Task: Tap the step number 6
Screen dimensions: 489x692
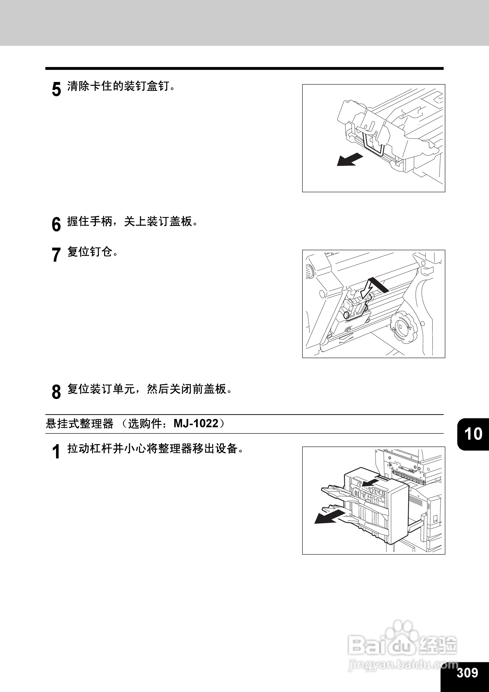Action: coord(56,225)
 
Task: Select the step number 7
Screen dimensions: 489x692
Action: coord(56,255)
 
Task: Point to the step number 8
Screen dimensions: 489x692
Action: coord(56,392)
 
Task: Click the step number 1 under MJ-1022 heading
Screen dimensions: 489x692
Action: coord(56,452)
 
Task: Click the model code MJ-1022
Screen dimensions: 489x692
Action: coord(196,424)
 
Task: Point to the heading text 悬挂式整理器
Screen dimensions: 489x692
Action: coord(80,424)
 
